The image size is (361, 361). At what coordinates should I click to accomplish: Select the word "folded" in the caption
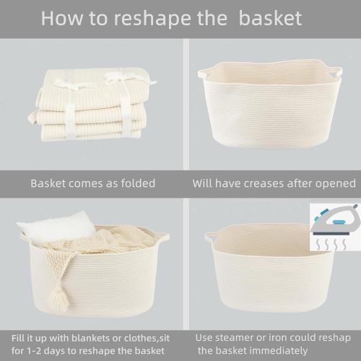[x=134, y=183]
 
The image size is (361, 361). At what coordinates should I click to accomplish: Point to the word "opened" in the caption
[x=334, y=183]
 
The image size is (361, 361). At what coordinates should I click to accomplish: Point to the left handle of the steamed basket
[x=209, y=236]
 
